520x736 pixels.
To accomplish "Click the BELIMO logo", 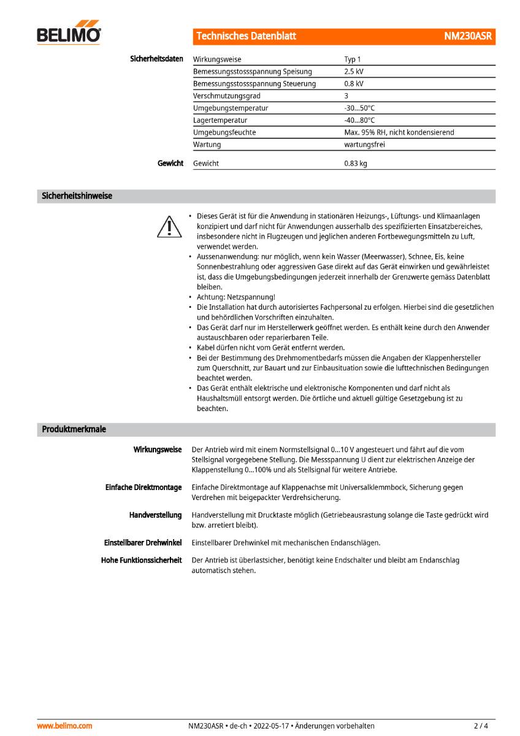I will click(69, 34).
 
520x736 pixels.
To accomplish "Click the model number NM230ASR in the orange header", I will click(467, 36).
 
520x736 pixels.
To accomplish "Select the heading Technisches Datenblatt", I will click(246, 36).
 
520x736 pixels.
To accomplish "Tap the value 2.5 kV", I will click(354, 72).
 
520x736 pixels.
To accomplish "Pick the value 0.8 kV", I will click(354, 83).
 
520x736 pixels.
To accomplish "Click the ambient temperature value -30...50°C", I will click(359, 108).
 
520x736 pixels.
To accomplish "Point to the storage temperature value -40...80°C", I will click(359, 120).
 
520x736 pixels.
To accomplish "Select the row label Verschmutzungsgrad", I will click(226, 96).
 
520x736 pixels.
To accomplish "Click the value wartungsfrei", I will click(365, 145).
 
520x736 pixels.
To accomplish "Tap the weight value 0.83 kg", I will click(356, 164).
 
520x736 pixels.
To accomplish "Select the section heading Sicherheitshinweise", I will click(77, 196).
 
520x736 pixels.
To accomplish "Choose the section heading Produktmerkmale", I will click(74, 429).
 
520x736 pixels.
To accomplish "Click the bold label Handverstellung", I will click(155, 515).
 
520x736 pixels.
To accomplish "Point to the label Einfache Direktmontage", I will click(143, 487).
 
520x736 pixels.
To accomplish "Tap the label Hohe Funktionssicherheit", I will click(141, 560).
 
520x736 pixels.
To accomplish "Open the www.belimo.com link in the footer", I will click(65, 726).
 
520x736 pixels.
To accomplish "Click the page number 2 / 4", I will click(481, 726).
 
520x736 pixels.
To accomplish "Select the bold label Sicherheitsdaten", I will click(156, 59).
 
